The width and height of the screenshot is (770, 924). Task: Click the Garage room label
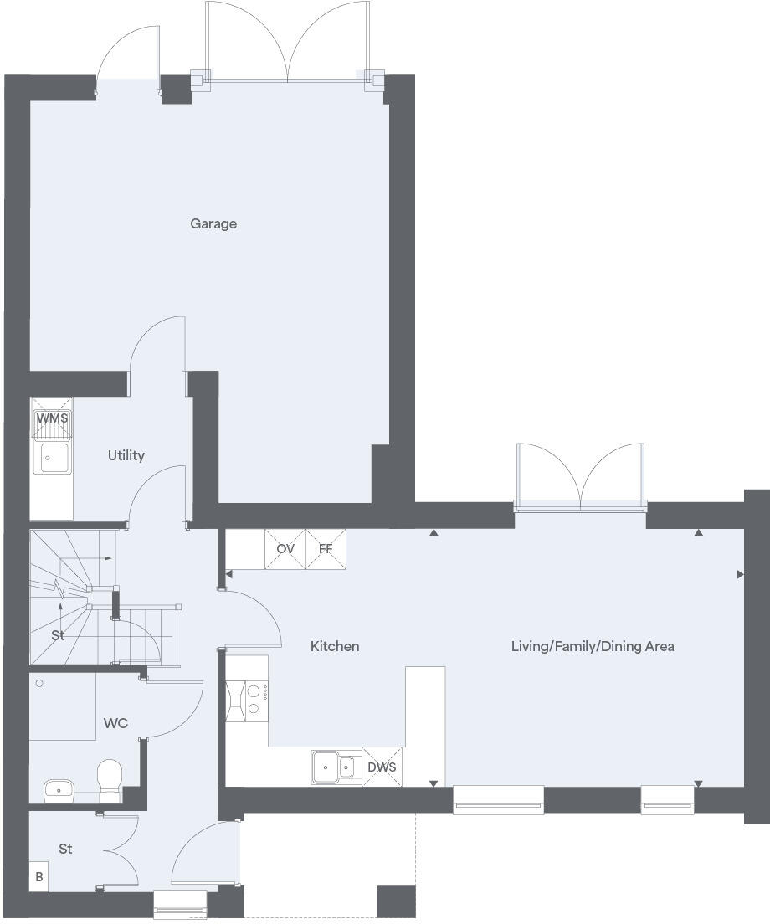[213, 223]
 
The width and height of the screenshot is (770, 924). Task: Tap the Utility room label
[126, 455]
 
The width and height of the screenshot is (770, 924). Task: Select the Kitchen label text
[335, 646]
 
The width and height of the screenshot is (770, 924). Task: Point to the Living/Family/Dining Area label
[593, 646]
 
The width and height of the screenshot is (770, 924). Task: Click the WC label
[116, 723]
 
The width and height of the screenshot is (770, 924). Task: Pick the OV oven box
[285, 549]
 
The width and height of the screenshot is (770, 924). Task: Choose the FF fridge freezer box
[326, 549]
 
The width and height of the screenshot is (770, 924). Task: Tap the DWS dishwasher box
[382, 767]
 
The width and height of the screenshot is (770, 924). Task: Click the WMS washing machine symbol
[52, 418]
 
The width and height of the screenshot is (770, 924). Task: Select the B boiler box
[38, 878]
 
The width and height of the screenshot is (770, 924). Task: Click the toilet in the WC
[110, 777]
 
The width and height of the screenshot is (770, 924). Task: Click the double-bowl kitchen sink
[336, 766]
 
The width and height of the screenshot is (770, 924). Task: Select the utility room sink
[51, 457]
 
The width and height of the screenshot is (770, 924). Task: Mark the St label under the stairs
[58, 635]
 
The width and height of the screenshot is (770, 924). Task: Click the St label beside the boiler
[65, 849]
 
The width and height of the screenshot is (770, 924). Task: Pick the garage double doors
[287, 42]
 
